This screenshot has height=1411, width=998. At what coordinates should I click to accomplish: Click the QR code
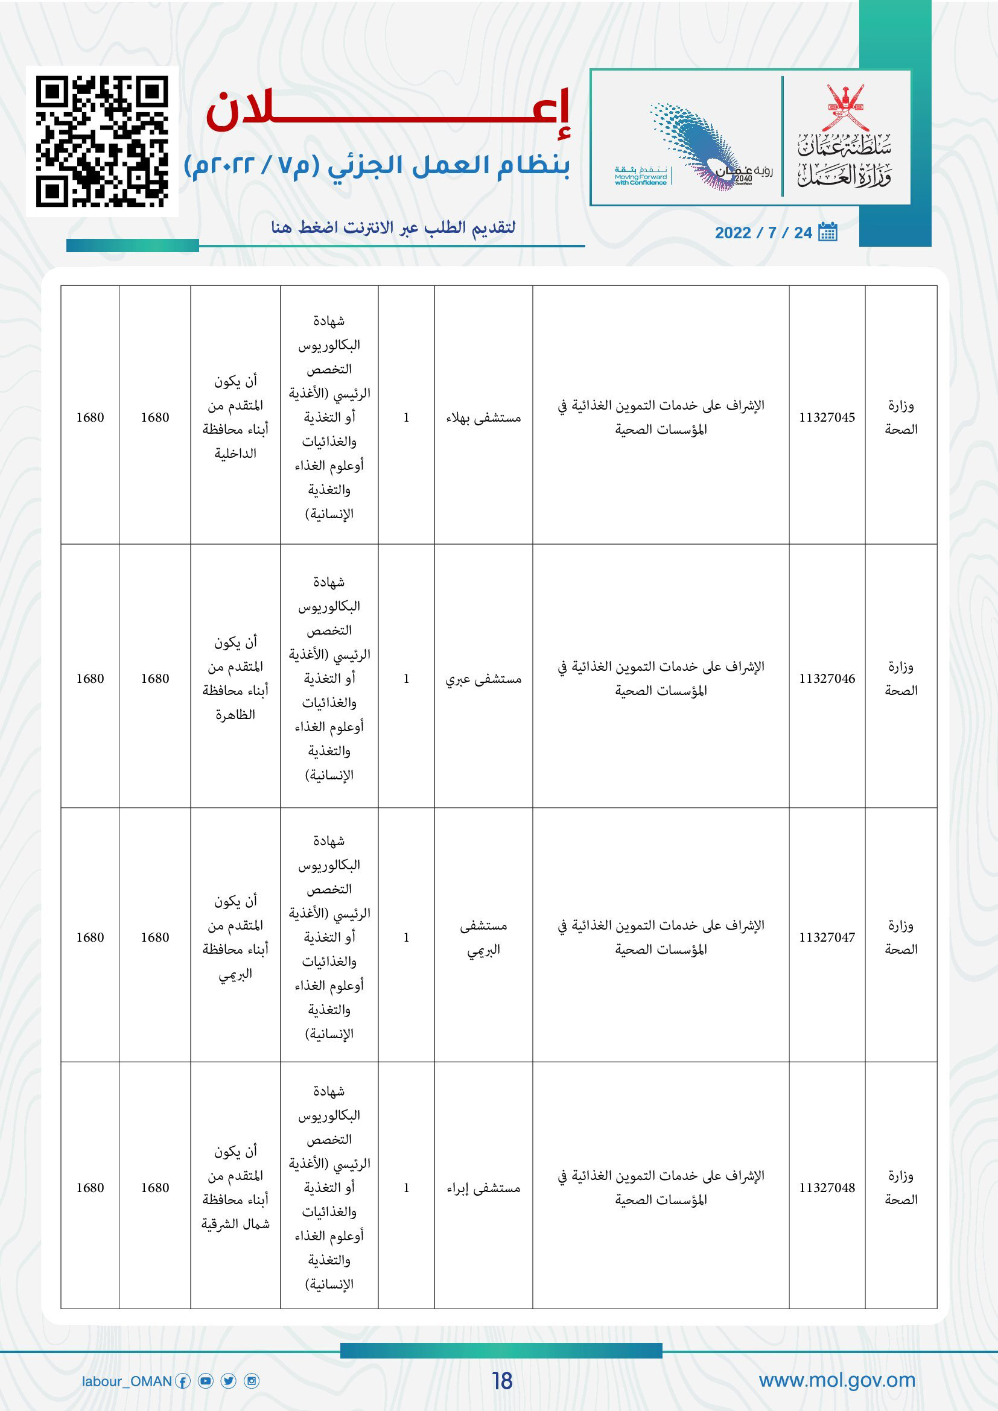pos(102,141)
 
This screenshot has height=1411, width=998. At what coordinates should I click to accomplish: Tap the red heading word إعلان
pos(389,111)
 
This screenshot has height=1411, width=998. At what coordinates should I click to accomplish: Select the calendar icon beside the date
pos(828,232)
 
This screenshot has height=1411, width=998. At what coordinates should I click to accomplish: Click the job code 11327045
pos(827,417)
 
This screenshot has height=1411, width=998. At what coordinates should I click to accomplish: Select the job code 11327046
pos(827,679)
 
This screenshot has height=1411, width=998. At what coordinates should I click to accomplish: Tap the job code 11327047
pos(827,937)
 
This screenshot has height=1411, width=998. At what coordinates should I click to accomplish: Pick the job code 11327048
pos(827,1188)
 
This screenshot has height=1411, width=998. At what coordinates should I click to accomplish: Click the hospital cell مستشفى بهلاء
pos(484,418)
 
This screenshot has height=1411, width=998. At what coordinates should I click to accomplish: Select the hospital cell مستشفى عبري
pos(484,679)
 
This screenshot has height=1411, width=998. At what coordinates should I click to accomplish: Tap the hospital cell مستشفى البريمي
pos(484,937)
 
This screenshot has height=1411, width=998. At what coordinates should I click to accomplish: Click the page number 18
pos(502,1381)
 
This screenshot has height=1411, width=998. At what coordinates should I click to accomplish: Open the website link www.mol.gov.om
pos(837,1380)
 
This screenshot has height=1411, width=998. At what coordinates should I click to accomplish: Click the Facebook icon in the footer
pos(183,1381)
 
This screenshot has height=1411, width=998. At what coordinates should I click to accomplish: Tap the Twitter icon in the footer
pos(229,1381)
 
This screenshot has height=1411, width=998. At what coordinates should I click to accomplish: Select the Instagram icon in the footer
pos(252,1381)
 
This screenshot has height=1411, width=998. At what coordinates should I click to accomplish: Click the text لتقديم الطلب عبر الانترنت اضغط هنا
pos(393,228)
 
